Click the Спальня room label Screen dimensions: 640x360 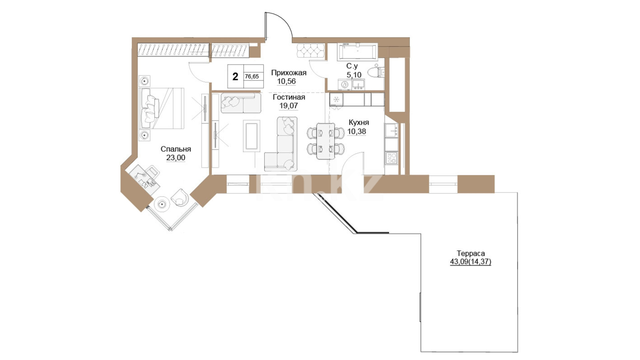176,149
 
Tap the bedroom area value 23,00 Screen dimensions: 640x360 176,158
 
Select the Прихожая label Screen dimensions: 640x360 289,73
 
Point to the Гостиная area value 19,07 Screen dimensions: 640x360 289,106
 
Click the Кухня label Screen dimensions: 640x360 359,122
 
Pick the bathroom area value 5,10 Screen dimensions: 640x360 354,75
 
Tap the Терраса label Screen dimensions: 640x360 471,253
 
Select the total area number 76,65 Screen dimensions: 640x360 252,76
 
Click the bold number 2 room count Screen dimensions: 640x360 235,77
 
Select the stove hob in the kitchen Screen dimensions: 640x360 391,158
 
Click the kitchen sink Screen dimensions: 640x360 392,130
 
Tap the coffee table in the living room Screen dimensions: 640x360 251,136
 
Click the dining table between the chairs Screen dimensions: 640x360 326,141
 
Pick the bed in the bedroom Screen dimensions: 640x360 162,108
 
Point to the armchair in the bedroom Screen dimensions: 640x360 180,197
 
